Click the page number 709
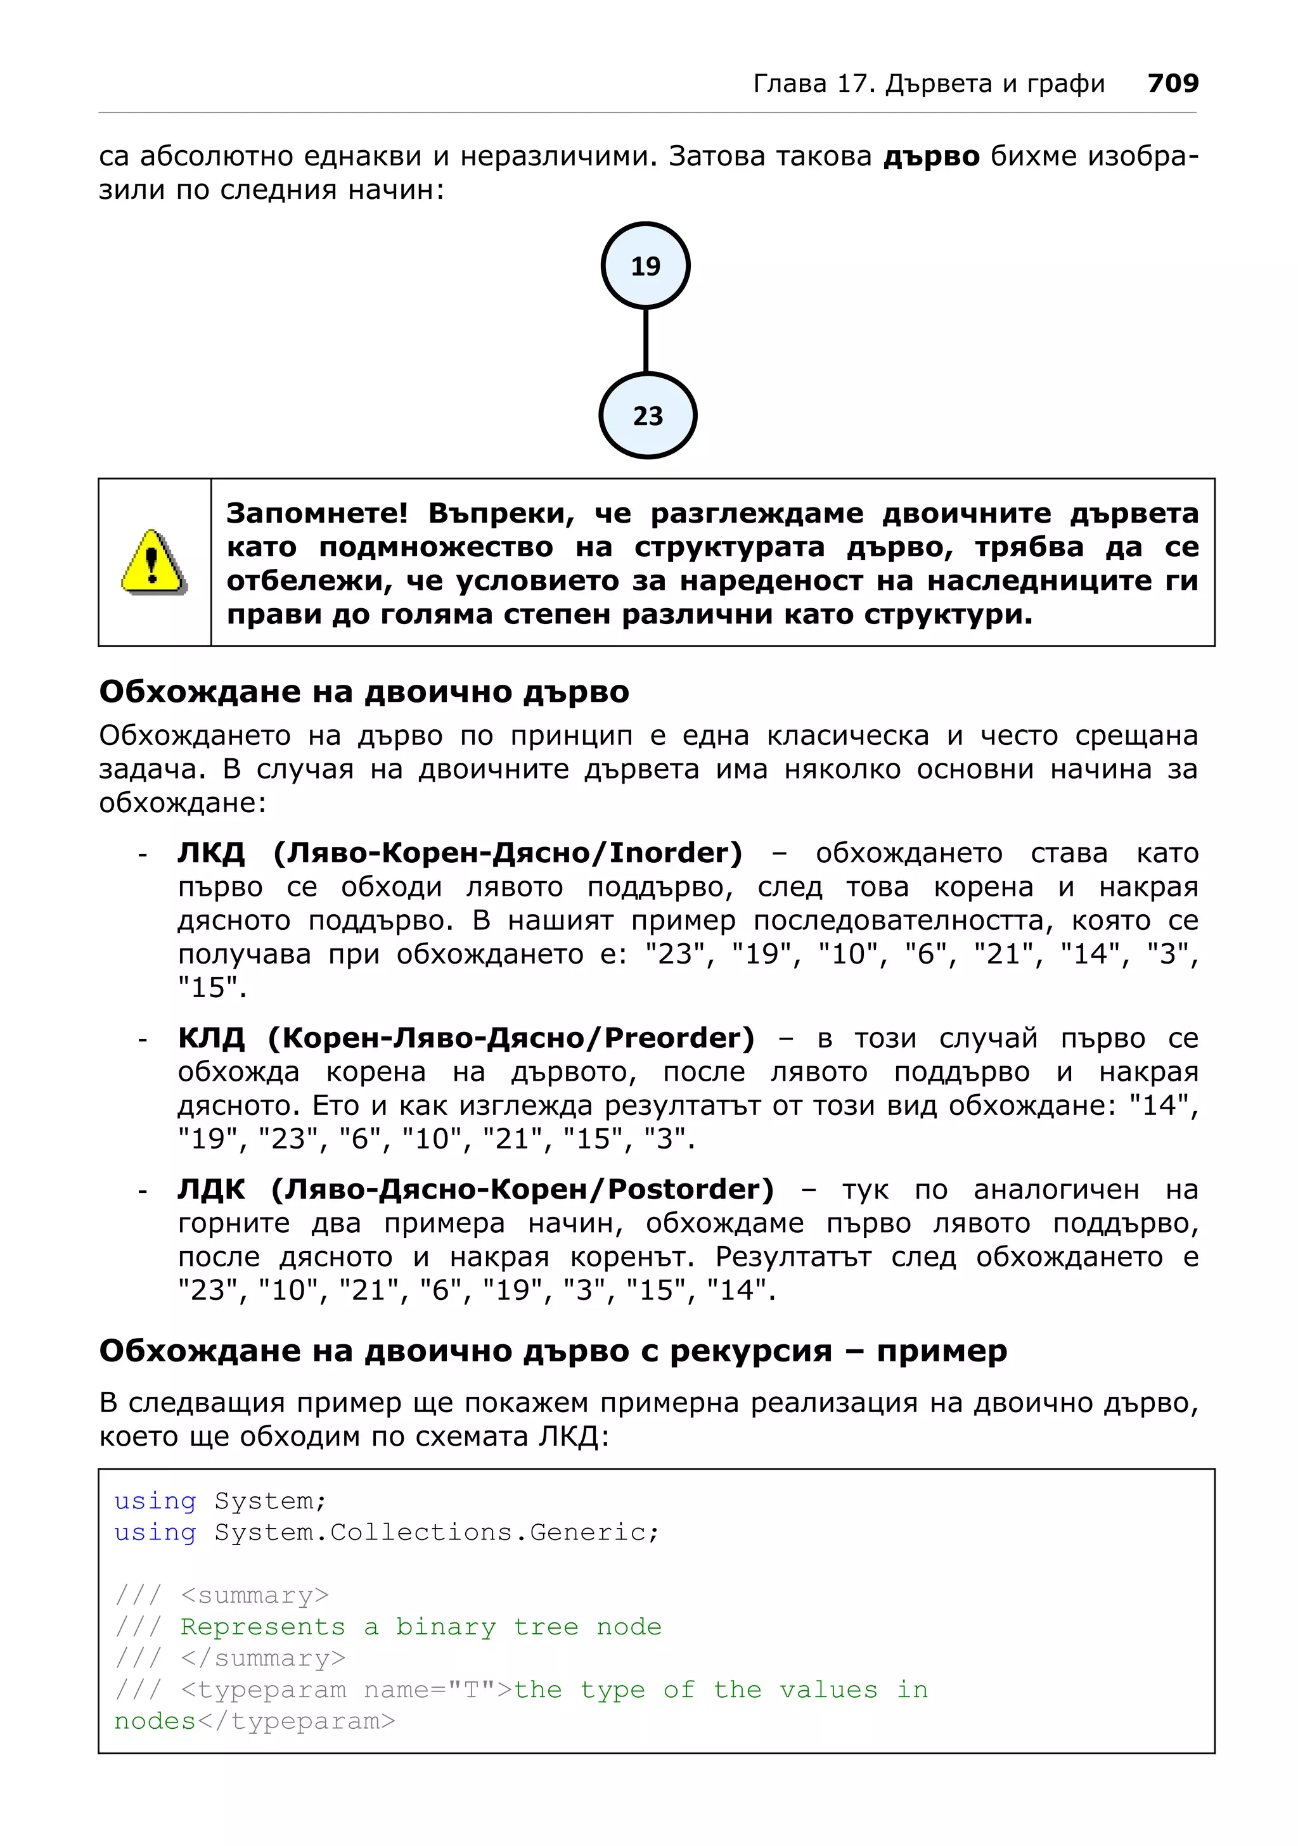(1173, 83)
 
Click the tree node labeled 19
(645, 266)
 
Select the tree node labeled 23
(647, 416)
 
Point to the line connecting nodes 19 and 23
(646, 341)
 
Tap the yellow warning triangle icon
(153, 562)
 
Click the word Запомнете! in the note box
(317, 513)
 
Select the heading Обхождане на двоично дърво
(364, 691)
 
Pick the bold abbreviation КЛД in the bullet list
(210, 1037)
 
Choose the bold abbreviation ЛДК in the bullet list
(210, 1188)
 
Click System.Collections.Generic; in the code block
(436, 1532)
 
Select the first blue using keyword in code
(155, 1501)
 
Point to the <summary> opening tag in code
(255, 1595)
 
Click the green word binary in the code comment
(446, 1627)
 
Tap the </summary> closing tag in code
(263, 1658)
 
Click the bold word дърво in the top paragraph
(931, 156)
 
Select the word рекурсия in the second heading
(750, 1351)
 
